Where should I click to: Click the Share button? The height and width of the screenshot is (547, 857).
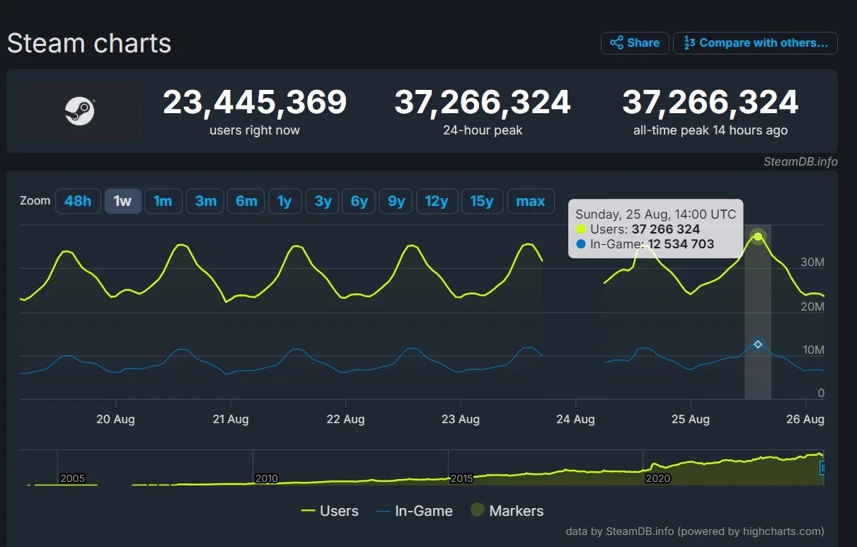coord(635,43)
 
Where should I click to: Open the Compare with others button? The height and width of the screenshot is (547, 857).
coord(755,43)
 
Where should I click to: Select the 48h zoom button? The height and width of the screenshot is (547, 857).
coord(78,201)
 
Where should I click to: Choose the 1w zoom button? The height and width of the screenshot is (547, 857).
coord(123,201)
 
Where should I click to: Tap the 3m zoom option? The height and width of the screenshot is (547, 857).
coord(206,201)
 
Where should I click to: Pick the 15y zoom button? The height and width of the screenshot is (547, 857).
coord(482,201)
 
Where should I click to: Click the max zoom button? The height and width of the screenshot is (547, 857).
coord(531,201)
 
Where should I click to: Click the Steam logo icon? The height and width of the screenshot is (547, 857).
coord(80,110)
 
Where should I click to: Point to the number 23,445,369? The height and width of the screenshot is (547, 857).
coord(255,103)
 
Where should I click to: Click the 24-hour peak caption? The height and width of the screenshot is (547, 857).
coord(483,130)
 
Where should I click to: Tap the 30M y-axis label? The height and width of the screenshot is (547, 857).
coord(812,263)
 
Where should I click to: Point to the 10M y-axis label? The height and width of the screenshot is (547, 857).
coord(812,350)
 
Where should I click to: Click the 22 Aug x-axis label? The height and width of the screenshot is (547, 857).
coord(345,419)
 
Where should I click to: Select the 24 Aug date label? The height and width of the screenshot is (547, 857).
coord(575,419)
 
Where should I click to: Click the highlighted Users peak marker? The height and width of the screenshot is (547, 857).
coord(758,236)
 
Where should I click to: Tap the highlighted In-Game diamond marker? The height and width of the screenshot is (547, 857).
coord(758,344)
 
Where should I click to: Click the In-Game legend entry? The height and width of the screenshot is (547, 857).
coord(415,511)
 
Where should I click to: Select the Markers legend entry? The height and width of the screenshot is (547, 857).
coord(507,511)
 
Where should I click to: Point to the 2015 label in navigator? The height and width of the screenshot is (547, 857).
coord(462,478)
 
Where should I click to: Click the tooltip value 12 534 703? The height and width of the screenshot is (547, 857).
coord(681,244)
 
